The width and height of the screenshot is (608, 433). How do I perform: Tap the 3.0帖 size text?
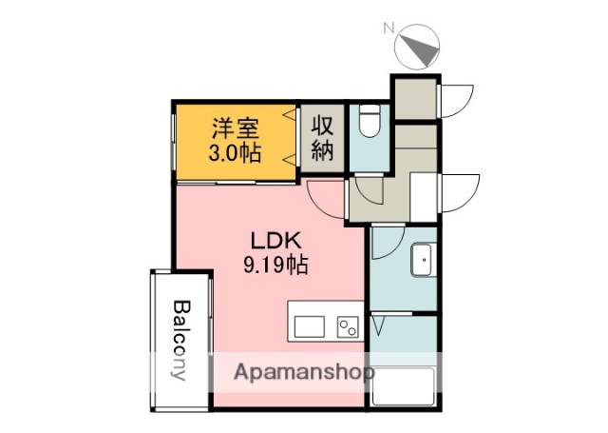click(235, 153)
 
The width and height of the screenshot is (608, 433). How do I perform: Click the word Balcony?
click(180, 340)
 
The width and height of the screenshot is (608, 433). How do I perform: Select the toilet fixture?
click(370, 122)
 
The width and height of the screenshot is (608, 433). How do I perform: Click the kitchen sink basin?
click(310, 326)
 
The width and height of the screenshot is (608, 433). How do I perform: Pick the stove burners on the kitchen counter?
click(346, 326)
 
